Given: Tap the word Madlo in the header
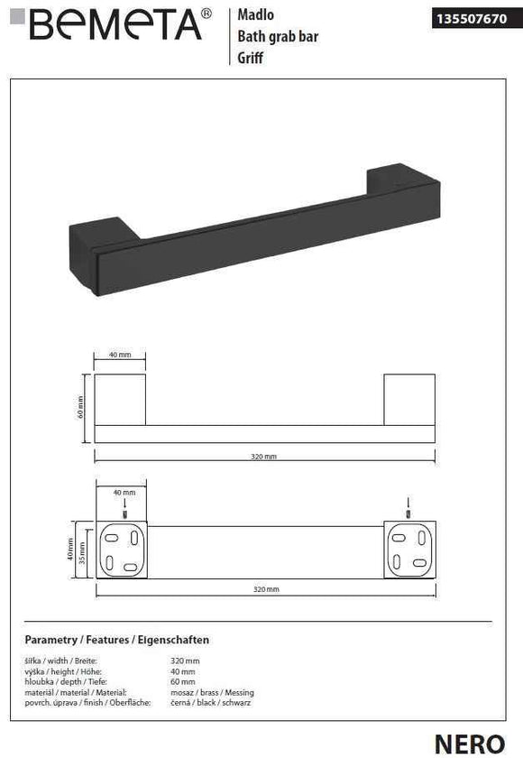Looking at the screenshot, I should tap(254, 15).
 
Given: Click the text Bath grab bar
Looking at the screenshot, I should tap(277, 36).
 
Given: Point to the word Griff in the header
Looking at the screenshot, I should tap(250, 57).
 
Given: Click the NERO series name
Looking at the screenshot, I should tap(469, 742).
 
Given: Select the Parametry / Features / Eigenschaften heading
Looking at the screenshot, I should tap(117, 639).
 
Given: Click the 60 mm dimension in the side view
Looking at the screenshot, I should tap(81, 408).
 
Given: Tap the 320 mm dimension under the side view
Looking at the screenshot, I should tap(264, 457).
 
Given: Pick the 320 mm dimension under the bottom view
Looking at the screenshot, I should tap(264, 588).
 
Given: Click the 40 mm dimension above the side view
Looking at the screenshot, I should tap(120, 356).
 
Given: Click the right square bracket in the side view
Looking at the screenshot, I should tap(409, 398).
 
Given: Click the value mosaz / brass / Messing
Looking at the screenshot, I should tap(209, 692).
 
